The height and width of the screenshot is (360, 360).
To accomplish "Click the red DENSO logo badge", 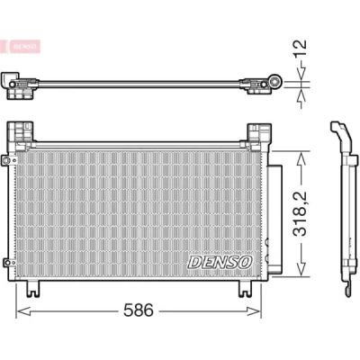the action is tap(21, 47).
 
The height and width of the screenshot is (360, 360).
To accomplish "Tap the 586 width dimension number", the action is tap(139, 310).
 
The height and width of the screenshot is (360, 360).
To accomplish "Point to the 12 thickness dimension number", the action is tap(300, 49).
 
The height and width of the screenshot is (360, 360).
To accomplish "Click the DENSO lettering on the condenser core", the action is tap(220, 262).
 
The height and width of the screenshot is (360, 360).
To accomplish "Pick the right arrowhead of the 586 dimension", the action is tap(254, 311).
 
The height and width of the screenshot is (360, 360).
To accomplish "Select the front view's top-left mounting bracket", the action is tap(21, 131).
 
